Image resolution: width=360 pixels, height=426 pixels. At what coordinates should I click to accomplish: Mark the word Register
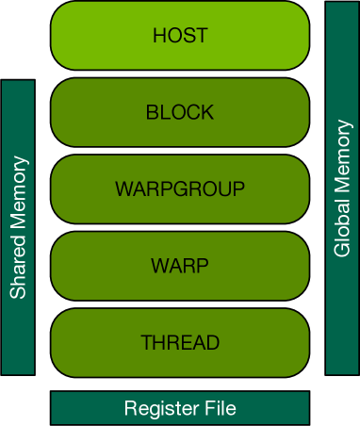click(156, 408)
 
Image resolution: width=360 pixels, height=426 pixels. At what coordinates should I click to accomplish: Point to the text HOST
click(179, 37)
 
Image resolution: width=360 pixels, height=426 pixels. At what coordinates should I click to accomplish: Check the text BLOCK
click(179, 113)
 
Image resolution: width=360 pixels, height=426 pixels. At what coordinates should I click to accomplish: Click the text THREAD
click(179, 341)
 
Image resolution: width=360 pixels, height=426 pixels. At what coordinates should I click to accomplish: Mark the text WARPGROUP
click(179, 188)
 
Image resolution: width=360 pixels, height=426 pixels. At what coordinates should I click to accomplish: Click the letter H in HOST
click(158, 37)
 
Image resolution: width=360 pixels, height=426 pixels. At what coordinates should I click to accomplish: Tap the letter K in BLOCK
click(207, 113)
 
